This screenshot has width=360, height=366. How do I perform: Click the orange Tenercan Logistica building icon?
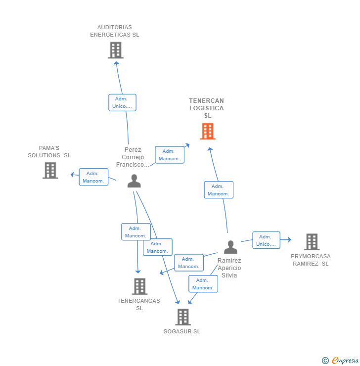tap(208, 131)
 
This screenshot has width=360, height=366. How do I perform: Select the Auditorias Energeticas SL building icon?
tap(115, 50)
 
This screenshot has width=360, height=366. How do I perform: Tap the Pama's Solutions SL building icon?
tap(50, 170)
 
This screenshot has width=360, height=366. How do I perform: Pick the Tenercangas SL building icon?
tap(140, 286)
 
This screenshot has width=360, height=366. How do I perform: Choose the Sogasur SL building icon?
tap(183, 317)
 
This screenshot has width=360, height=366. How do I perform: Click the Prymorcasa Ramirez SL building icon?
tap(312, 242)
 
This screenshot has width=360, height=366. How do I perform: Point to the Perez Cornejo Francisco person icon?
tap(134, 182)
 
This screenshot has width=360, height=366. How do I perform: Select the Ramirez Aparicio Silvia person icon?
tap(230, 247)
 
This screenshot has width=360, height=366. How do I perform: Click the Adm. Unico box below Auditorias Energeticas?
tap(122, 102)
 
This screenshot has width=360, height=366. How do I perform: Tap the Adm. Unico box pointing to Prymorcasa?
tap(266, 240)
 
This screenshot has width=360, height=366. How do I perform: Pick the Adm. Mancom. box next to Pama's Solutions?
tap(93, 177)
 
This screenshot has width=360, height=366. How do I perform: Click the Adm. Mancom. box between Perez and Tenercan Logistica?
tap(169, 155)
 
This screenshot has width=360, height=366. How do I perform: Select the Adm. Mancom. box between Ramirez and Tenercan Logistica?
tap(218, 190)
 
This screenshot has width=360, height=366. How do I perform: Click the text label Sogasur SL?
tap(182, 331)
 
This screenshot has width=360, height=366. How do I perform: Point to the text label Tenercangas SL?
tap(139, 304)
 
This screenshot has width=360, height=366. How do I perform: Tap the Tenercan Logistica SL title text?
tap(207, 108)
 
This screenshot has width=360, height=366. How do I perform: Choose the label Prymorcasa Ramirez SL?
tap(311, 260)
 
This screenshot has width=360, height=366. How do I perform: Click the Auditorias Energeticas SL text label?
tap(115, 31)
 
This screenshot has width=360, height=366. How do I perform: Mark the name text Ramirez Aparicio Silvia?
tap(229, 268)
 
